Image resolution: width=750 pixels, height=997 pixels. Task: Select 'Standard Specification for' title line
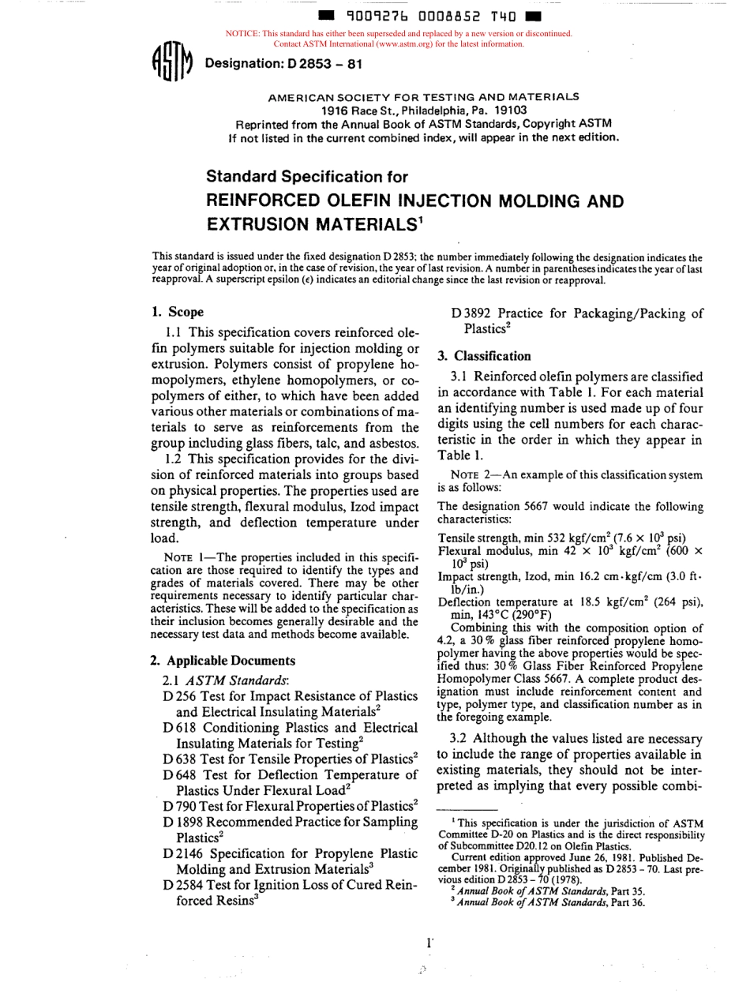pos(307,176)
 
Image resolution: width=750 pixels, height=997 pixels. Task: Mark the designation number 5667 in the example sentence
pos(521,506)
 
